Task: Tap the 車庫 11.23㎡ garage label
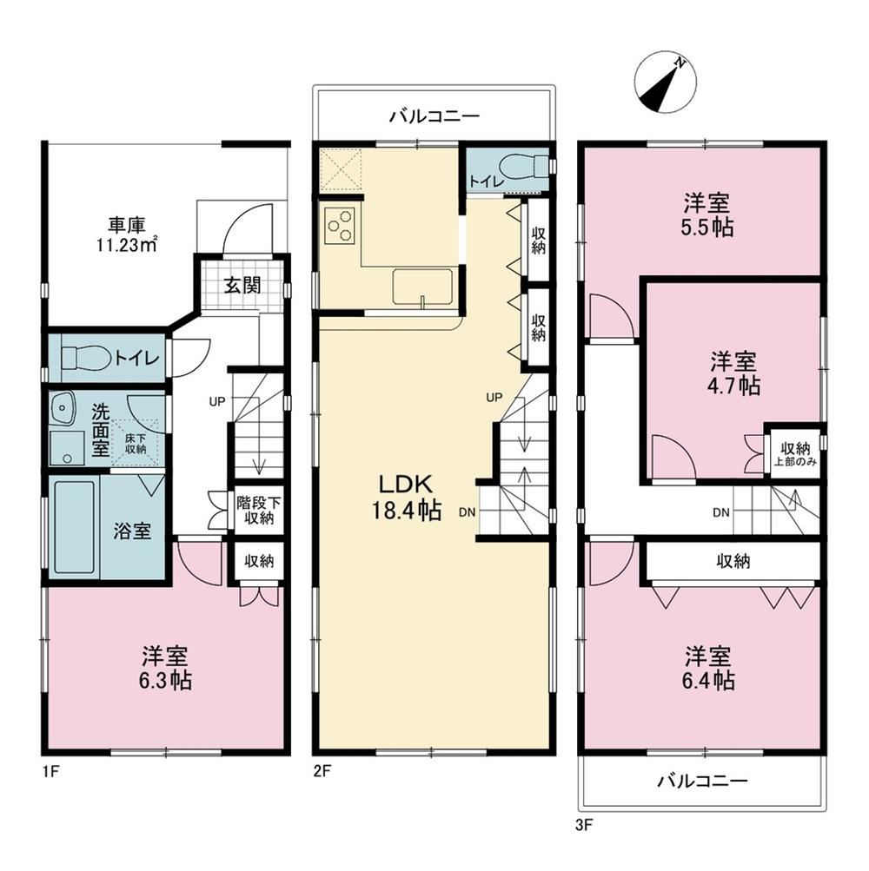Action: click(127, 235)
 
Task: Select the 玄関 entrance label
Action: click(243, 286)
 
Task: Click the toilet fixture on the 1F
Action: click(84, 358)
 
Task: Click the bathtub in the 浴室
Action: click(74, 527)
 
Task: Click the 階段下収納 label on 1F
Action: click(259, 510)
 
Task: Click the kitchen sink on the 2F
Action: click(422, 287)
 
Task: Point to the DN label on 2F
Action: click(467, 512)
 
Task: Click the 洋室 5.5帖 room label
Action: click(706, 214)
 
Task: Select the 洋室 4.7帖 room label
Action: click(734, 373)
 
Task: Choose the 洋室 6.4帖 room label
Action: click(707, 668)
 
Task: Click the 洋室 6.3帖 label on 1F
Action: click(165, 669)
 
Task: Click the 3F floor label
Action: click(584, 824)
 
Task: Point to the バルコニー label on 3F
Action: click(702, 782)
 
